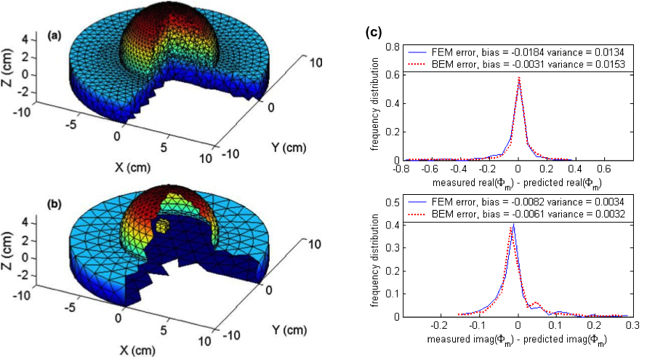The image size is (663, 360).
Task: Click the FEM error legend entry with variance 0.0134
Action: pyautogui.click(x=517, y=52)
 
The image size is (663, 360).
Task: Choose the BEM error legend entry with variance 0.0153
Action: pyautogui.click(x=517, y=64)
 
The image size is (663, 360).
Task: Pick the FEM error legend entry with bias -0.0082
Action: pyautogui.click(x=517, y=201)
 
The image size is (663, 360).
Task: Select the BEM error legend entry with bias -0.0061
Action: pyautogui.click(x=517, y=213)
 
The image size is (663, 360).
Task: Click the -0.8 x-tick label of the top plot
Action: pyautogui.click(x=402, y=168)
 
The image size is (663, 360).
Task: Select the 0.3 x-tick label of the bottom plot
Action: pyautogui.click(x=632, y=326)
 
